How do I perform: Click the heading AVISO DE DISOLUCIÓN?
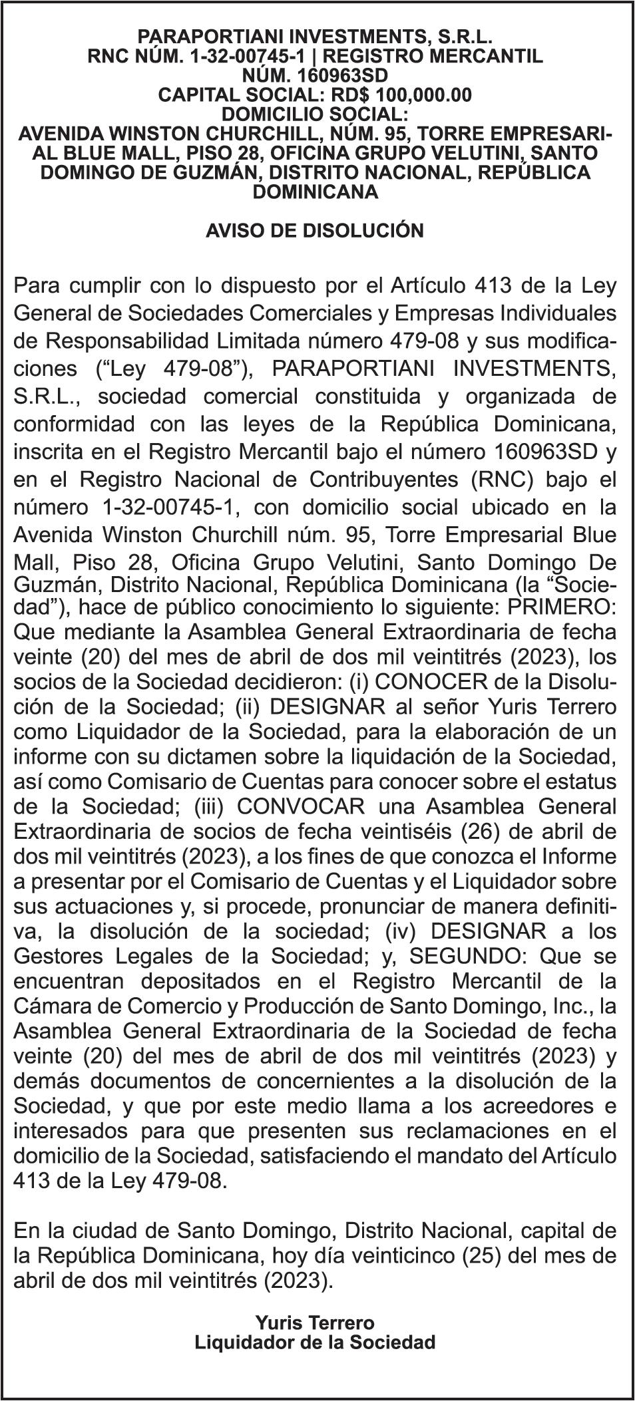click(314, 231)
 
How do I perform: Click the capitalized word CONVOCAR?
click(301, 806)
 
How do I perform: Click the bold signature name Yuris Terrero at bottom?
click(314, 1323)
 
